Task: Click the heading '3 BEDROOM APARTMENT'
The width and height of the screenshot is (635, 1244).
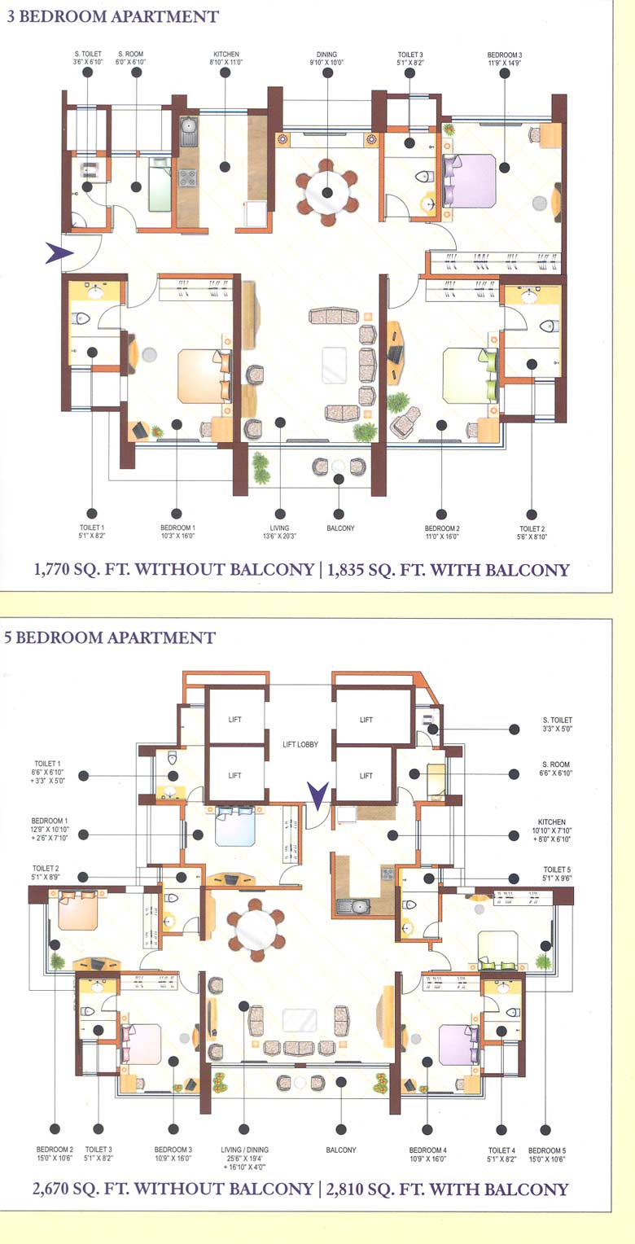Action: click(x=112, y=16)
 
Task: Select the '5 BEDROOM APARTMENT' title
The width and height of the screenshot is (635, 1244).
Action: click(x=110, y=637)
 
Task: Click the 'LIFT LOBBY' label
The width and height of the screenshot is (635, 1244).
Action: click(x=300, y=744)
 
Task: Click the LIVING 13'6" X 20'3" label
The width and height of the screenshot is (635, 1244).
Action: click(x=280, y=532)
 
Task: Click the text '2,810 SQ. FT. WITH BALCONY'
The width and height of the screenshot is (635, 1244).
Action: click(x=448, y=1189)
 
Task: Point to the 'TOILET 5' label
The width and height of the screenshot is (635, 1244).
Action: click(x=558, y=874)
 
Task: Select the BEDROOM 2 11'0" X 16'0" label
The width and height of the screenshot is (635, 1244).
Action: click(x=442, y=532)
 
